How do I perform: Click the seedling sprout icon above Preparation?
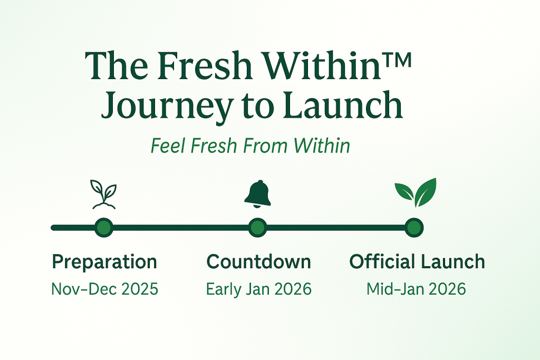click(x=104, y=194)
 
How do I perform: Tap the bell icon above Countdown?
click(x=257, y=194)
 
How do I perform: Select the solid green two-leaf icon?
click(x=416, y=192)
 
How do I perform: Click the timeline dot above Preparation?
click(x=104, y=228)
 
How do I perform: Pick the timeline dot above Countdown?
click(x=257, y=228)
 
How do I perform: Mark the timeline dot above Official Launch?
click(x=414, y=228)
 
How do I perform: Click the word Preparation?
click(x=104, y=262)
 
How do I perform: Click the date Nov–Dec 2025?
click(x=105, y=289)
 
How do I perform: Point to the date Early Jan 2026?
click(x=258, y=289)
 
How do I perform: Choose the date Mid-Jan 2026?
click(x=416, y=289)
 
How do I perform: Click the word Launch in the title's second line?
click(x=343, y=104)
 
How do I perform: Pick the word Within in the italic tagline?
click(x=322, y=145)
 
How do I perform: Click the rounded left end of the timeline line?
click(x=53, y=228)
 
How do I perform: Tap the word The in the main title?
click(x=115, y=65)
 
